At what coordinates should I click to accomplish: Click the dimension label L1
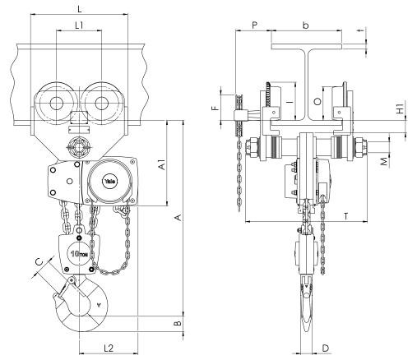[79, 25]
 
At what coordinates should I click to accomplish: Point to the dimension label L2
[109, 348]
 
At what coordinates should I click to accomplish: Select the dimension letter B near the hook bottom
[178, 323]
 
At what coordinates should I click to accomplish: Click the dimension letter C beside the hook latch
[39, 262]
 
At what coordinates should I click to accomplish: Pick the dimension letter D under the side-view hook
[325, 348]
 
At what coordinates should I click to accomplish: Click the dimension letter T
[346, 216]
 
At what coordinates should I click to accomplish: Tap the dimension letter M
[385, 162]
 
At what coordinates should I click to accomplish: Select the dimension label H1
[401, 108]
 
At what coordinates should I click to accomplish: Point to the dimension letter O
[317, 102]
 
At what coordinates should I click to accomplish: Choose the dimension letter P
[255, 25]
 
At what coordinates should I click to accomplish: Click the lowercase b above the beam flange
[305, 25]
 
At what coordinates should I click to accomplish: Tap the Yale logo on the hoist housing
[110, 181]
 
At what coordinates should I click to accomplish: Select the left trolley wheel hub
[57, 103]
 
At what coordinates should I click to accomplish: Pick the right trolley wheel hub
[101, 103]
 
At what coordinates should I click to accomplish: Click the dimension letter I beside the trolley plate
[290, 102]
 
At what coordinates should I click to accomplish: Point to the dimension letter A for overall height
[178, 218]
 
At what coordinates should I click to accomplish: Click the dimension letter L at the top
[80, 10]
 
